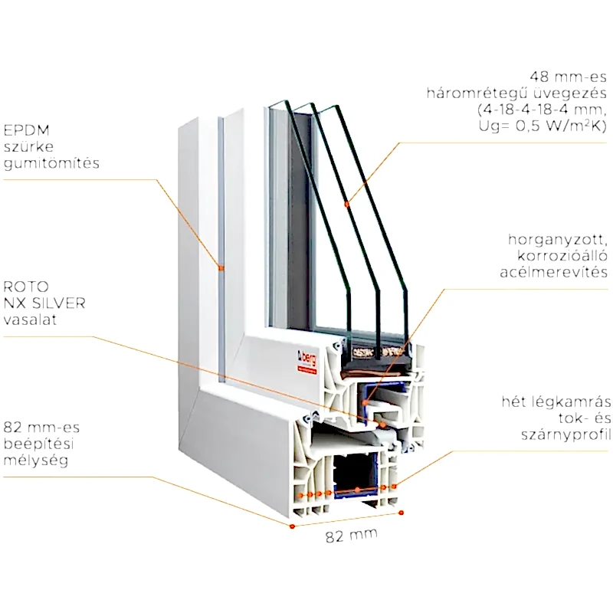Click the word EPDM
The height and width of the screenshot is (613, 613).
tap(23, 129)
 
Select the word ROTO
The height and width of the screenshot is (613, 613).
tap(23, 286)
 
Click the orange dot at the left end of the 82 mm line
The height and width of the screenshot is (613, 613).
tap(293, 527)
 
